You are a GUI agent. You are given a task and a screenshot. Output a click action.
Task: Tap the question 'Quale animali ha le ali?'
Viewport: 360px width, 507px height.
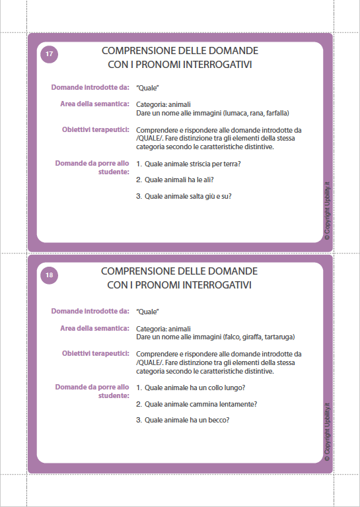point(179,180)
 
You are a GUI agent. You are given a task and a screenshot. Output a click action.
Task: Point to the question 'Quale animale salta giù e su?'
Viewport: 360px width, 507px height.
point(188,196)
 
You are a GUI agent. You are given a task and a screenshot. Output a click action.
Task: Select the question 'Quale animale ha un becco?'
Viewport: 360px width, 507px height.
point(188,420)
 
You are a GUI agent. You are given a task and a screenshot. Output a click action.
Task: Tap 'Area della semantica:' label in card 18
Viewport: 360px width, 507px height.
point(94,328)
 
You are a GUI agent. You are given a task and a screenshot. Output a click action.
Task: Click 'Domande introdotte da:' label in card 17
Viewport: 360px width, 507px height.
point(90,87)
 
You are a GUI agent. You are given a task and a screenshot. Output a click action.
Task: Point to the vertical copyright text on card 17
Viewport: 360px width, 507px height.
point(326,205)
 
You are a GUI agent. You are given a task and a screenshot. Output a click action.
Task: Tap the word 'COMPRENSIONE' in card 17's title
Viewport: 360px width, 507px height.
point(132,51)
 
